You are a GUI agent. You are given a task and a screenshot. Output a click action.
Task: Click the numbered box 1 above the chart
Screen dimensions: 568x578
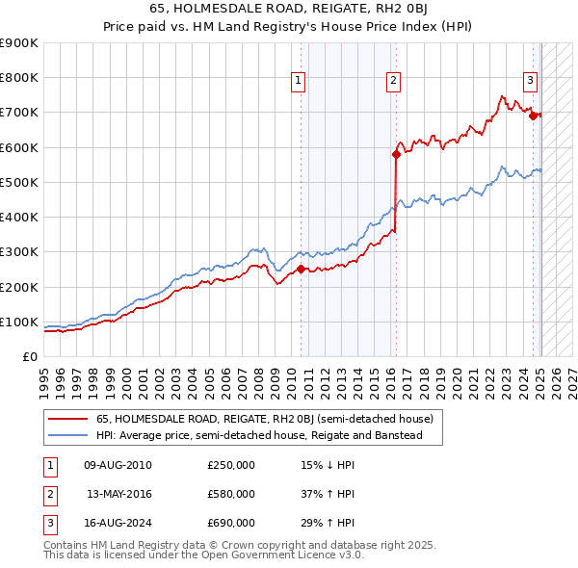click(300, 81)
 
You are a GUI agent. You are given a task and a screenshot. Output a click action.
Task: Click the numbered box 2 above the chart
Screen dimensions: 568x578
click(395, 81)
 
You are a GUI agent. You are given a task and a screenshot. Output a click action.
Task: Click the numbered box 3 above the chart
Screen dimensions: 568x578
click(531, 81)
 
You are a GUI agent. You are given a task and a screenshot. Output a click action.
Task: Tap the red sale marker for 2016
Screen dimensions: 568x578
click(396, 154)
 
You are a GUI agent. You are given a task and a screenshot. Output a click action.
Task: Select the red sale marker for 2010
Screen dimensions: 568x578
click(301, 270)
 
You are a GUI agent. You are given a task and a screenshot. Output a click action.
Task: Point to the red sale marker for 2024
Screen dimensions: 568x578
click(533, 116)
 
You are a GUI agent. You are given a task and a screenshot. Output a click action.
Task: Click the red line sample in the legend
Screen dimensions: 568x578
click(68, 419)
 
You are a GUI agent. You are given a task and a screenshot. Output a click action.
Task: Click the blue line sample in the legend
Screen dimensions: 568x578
click(68, 435)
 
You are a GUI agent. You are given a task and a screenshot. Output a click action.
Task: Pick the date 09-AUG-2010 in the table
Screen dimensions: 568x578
click(118, 465)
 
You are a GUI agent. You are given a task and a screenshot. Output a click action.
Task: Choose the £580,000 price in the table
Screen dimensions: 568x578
click(231, 494)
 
